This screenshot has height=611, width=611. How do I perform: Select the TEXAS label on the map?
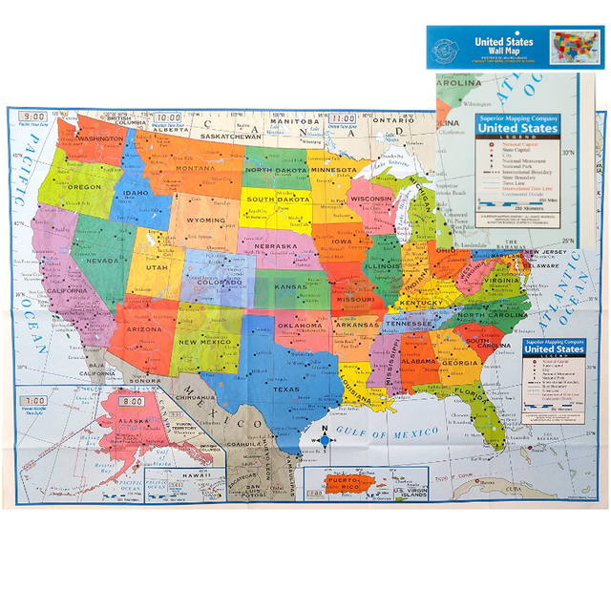285,389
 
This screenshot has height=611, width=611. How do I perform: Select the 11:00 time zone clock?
343,118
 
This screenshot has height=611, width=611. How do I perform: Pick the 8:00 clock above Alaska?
133,401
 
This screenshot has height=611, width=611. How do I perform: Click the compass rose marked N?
325,439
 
